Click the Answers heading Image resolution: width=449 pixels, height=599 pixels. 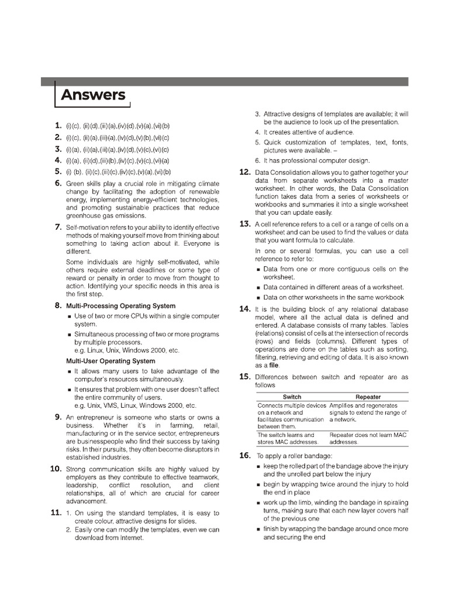(94, 95)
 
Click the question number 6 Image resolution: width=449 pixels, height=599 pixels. (58, 183)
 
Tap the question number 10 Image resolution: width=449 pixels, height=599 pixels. (56, 469)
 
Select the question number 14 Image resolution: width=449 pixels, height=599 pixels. (245, 308)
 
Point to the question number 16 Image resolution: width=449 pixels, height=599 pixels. (245, 455)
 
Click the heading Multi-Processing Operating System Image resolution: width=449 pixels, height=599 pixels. (120, 306)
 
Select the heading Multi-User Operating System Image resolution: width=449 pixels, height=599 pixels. (110, 361)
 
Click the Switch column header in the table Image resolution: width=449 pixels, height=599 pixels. (292, 397)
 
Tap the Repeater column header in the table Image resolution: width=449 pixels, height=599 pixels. (368, 397)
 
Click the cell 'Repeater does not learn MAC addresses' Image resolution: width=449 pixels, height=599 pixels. (367, 439)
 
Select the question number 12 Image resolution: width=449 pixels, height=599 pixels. (245, 172)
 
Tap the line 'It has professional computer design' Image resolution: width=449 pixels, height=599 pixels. (316, 160)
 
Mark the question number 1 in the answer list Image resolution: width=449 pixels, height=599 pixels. (58, 125)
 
